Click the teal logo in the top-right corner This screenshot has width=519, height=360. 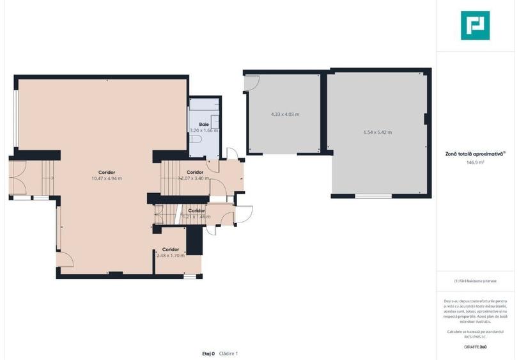coord(475,26)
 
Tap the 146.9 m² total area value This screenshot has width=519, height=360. coord(475,162)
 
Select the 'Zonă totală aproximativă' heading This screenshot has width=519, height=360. coord(474,153)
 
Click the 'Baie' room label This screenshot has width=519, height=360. coord(204,124)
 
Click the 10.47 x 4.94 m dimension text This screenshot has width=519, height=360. coord(107,178)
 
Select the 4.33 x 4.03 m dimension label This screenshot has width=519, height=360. coord(285,114)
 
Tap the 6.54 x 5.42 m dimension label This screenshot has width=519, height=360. coord(377,132)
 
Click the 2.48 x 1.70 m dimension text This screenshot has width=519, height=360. coord(170,256)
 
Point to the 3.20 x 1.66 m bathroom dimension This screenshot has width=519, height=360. coord(204,130)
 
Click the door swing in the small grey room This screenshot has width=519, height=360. coord(252,83)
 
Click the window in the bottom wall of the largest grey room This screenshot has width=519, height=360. coord(373,196)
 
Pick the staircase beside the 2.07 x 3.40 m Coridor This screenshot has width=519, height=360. coord(171,178)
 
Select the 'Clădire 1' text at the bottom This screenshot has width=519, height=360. coord(228,353)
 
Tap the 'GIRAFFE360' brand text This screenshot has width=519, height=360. coord(475,347)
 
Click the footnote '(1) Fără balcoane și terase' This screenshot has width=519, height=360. coord(475,281)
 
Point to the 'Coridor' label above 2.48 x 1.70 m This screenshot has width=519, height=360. coord(170,249)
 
